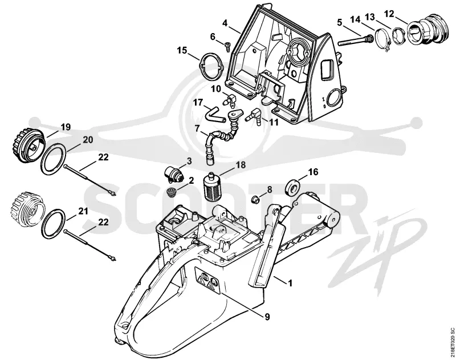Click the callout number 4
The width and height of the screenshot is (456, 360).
point(225,23)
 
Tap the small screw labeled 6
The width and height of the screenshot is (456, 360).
point(227,47)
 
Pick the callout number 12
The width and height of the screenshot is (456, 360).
point(389,14)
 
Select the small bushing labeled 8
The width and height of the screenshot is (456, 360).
point(255,200)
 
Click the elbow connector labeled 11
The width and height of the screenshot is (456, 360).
point(254,116)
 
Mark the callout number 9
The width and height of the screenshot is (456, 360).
point(267,316)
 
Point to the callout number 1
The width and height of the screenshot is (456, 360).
point(290,282)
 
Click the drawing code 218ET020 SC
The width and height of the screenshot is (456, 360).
point(451,342)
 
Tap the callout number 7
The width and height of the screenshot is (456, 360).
point(197,128)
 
